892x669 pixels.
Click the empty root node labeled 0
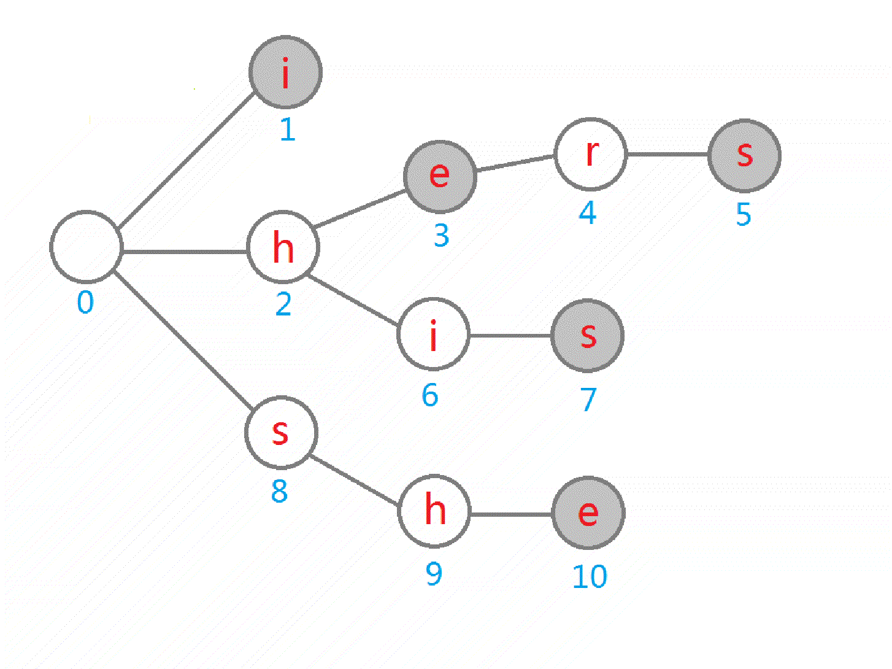(86, 247)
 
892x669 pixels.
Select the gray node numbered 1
(285, 72)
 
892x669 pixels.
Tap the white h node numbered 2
(283, 247)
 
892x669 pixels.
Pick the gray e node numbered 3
(439, 176)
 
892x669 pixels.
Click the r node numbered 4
(590, 154)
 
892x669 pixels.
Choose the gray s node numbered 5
(744, 155)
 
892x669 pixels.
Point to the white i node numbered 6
(433, 335)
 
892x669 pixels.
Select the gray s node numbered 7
(588, 336)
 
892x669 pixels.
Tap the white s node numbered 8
(281, 432)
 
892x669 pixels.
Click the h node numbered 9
(434, 511)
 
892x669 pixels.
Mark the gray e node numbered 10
(588, 512)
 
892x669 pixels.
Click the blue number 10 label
(590, 577)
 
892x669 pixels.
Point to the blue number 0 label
(85, 303)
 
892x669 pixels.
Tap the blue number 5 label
(744, 215)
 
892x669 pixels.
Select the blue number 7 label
(588, 400)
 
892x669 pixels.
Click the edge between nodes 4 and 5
(667, 154)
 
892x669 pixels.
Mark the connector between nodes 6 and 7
(510, 336)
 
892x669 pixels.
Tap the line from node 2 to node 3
(360, 208)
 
